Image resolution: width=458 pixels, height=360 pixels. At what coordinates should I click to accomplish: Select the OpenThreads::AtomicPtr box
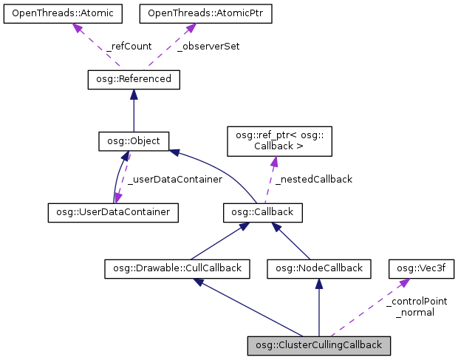coord(188,13)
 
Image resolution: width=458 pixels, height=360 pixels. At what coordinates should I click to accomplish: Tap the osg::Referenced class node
coord(134,78)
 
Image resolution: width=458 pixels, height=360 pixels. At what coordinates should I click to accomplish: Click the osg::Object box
coord(134,140)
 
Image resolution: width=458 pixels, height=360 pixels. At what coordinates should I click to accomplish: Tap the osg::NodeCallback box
coord(318,268)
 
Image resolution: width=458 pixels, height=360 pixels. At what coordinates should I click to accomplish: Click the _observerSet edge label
coord(208,46)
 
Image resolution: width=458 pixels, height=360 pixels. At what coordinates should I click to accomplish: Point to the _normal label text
coord(414,313)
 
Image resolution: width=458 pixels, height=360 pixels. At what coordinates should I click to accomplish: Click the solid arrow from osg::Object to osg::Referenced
coord(134,111)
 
